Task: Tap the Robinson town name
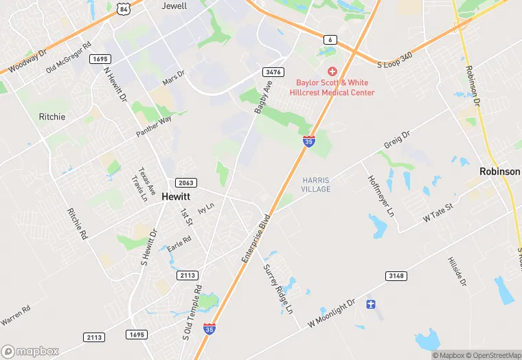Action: coord(500,171)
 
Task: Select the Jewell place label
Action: coord(174,5)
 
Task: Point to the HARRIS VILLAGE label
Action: coord(316,185)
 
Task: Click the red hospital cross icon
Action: coord(332,71)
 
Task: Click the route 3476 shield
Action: coord(272,71)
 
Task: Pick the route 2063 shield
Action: coord(185,183)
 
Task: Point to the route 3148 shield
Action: coord(396,275)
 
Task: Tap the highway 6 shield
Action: coord(330,41)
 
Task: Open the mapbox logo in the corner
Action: coord(30,350)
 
